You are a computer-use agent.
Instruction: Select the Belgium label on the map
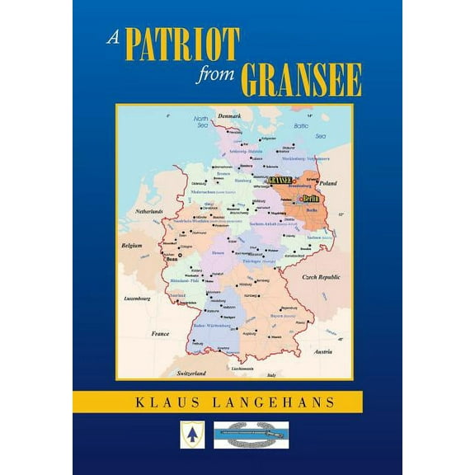pos(130,246)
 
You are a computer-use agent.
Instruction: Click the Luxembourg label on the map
pos(138,298)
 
